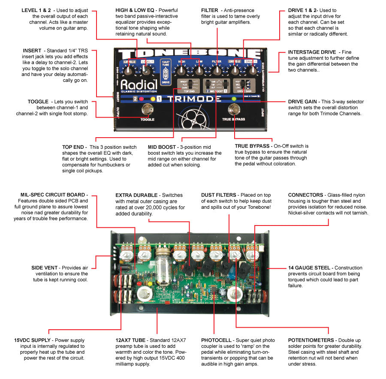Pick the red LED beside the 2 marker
click(x=141, y=99)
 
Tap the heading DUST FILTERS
click(x=220, y=195)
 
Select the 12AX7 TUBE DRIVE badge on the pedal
click(x=165, y=70)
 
